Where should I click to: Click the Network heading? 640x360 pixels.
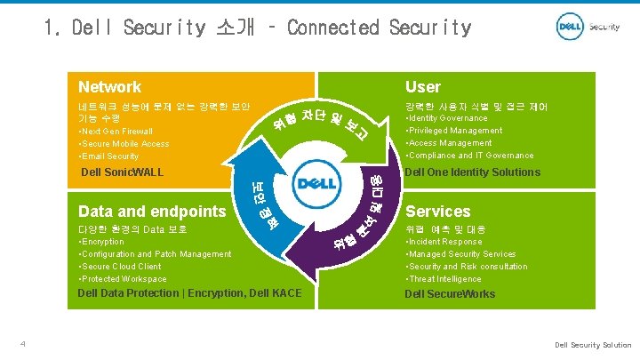[x=109, y=87]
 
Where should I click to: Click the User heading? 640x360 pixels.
[x=422, y=87]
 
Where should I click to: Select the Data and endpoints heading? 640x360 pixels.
[x=152, y=212]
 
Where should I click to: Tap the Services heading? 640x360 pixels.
[x=438, y=212]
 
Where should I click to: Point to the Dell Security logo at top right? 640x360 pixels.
[x=588, y=27]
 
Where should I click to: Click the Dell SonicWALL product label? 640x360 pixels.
[x=122, y=172]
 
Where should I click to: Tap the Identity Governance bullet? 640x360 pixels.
[x=446, y=118]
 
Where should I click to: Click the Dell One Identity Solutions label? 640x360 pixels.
[x=472, y=172]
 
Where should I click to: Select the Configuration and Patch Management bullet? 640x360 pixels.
[x=155, y=254]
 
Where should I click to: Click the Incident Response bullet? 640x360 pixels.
[x=444, y=242]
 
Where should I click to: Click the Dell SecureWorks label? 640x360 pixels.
[x=450, y=294]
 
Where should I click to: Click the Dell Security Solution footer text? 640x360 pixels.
[x=593, y=345]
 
